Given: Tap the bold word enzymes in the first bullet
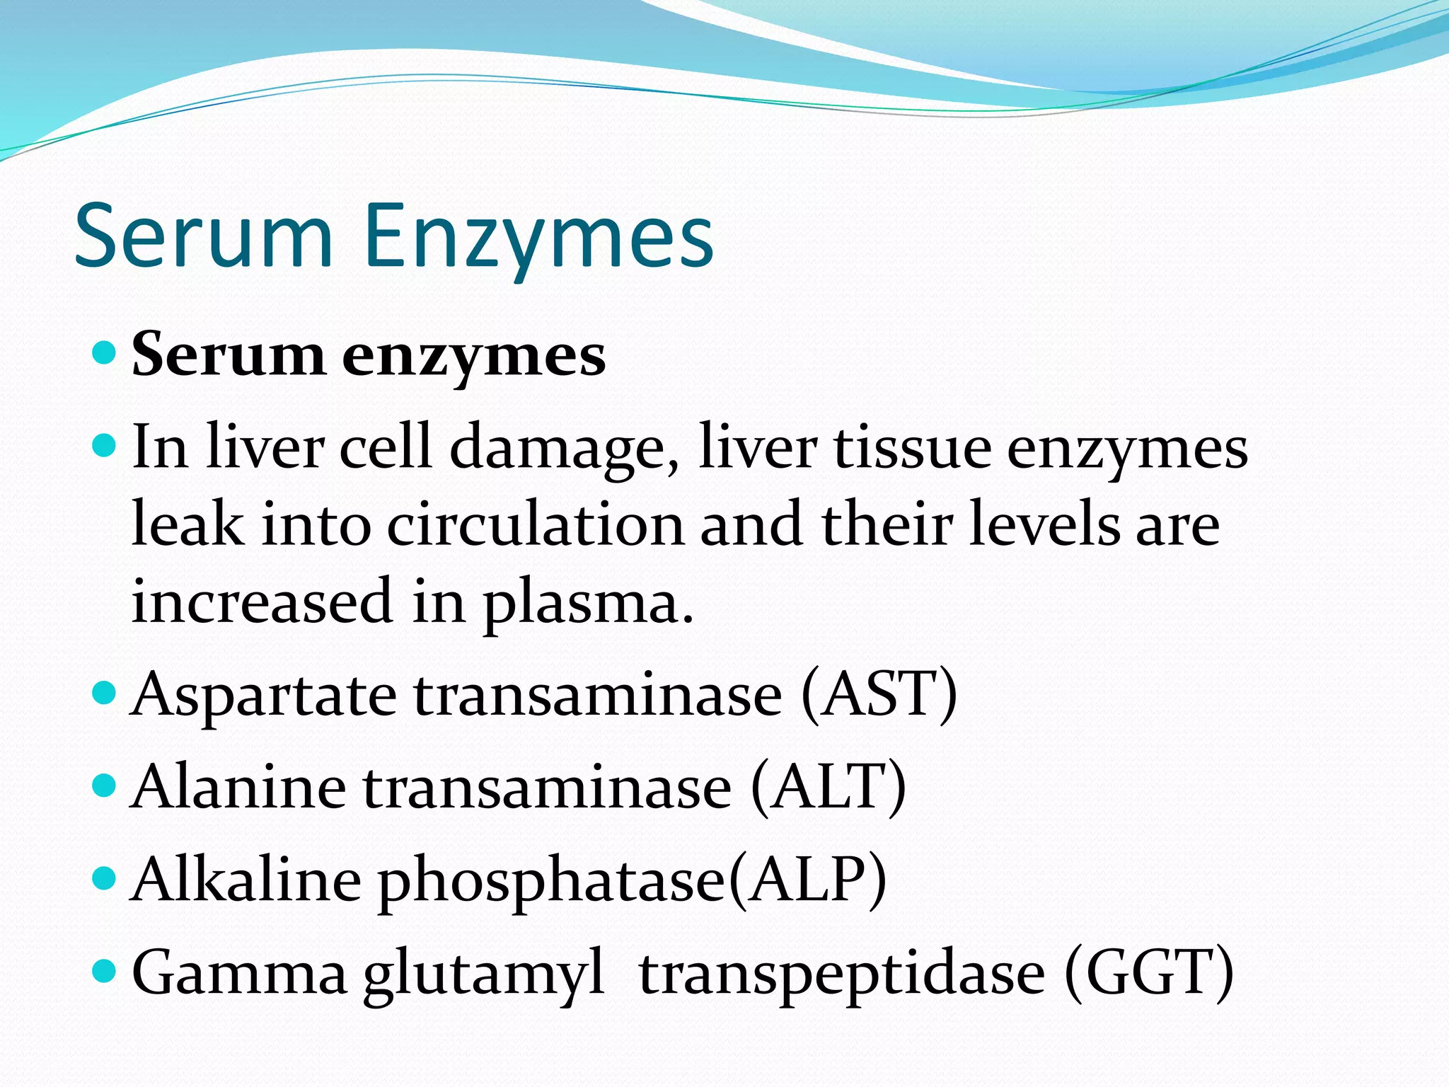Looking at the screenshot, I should coord(473,356).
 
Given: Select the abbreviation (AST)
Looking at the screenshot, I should coord(879,695).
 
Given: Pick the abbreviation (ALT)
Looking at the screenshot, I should coord(829,788).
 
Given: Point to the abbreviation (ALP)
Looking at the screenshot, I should coord(808,880).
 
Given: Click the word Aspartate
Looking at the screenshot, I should coord(264,696).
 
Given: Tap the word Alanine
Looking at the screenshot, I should coord(239,788).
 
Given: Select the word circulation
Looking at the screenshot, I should coord(536,525).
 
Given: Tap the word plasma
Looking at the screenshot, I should coord(587,604).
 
